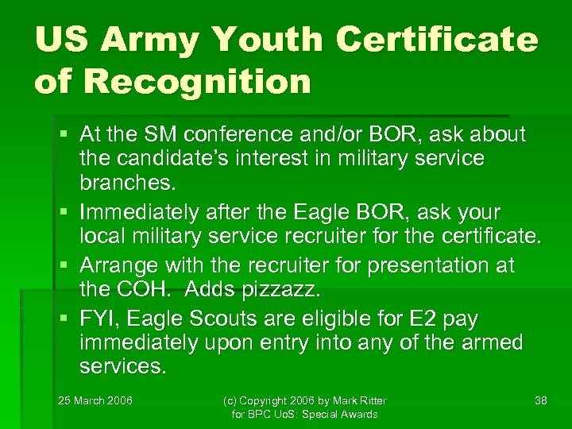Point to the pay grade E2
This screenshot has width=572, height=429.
[x=432, y=319]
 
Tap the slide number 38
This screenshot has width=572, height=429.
[x=541, y=400]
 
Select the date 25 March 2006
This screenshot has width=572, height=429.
[x=95, y=400]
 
